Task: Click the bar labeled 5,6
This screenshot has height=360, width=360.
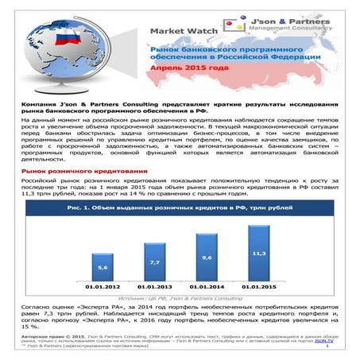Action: point(103,266)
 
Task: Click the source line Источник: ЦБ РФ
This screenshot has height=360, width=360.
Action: point(184,297)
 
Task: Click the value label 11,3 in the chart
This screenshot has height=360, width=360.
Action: point(258,253)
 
